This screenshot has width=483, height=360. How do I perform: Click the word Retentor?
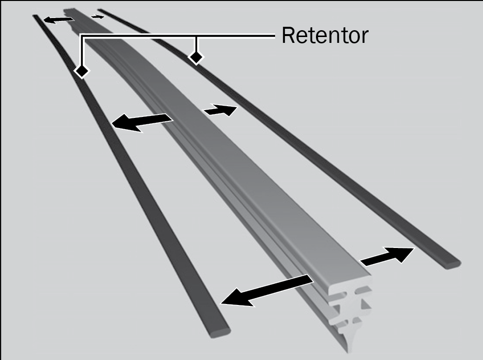point(325,35)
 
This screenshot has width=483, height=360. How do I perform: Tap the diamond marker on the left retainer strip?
point(82,71)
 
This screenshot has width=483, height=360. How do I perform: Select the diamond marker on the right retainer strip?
point(196,57)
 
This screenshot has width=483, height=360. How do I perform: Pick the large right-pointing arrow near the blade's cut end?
point(387,256)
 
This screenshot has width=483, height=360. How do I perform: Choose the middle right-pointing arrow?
point(221,110)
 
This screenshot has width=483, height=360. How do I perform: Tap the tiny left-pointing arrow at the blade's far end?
point(58,19)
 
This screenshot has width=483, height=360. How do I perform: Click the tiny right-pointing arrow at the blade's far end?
point(98,17)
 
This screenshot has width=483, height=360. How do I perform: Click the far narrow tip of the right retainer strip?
point(100,11)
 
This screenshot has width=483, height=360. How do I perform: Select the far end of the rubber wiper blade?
point(69,12)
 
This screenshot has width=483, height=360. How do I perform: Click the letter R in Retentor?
point(288,35)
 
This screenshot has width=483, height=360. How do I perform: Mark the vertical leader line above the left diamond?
point(82,51)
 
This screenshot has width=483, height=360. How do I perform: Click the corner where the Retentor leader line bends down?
point(82,36)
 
